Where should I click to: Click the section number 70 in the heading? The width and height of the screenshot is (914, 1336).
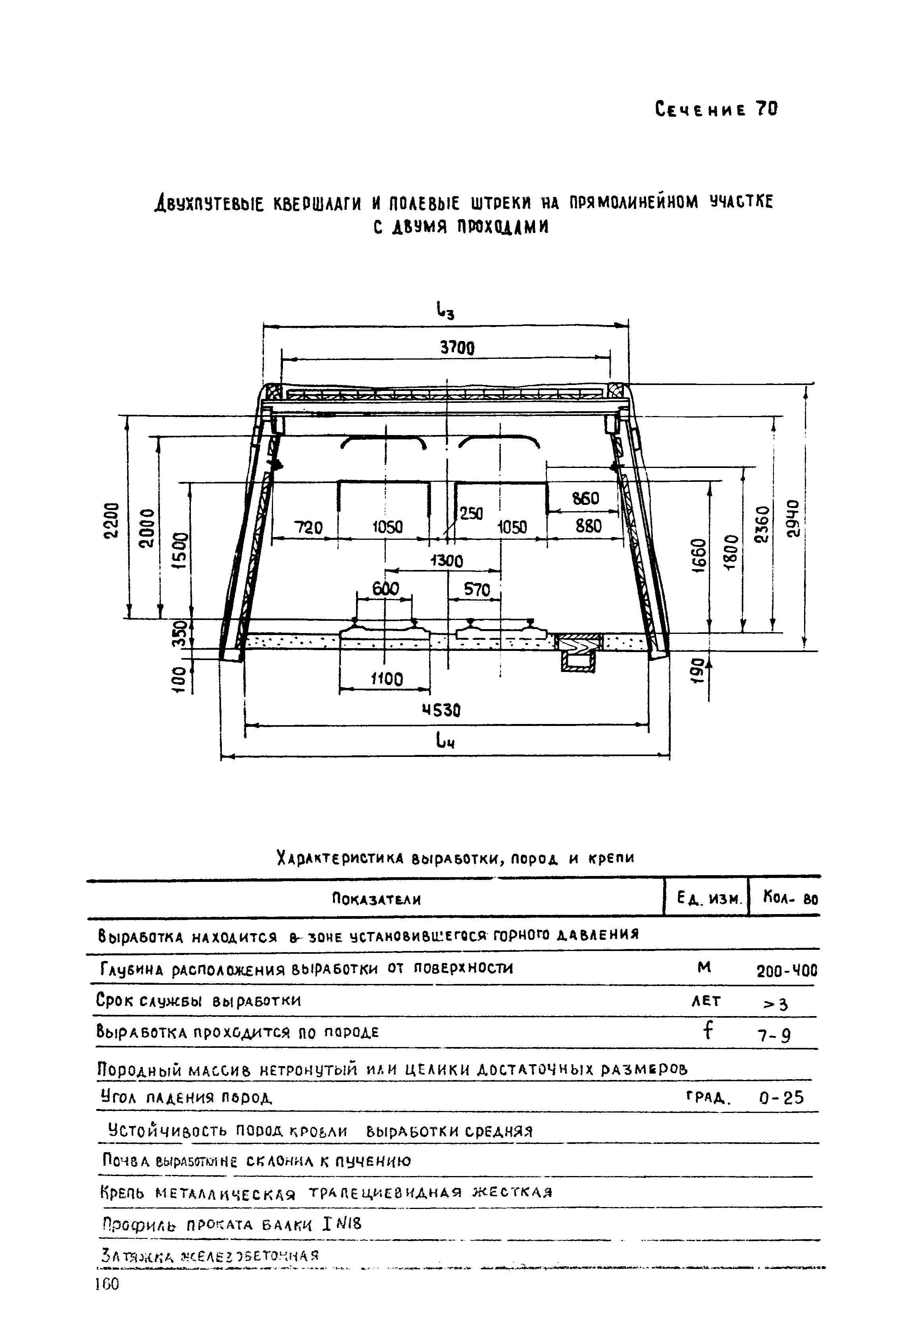766,109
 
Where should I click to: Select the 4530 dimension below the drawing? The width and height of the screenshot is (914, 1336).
441,710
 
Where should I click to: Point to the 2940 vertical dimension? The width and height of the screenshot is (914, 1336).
794,518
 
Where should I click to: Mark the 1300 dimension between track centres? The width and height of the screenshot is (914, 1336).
446,560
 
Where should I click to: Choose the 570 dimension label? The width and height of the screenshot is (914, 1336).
477,589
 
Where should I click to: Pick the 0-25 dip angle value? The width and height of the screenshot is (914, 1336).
781,1099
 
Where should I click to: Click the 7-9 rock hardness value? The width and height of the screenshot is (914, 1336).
774,1036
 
